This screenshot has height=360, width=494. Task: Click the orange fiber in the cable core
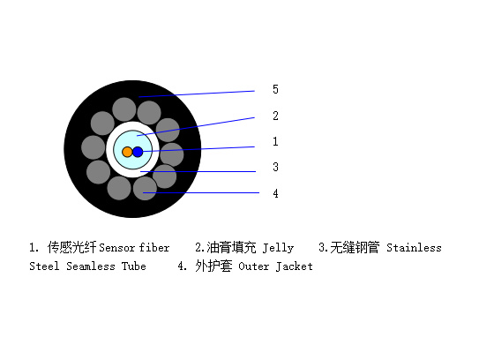(127, 152)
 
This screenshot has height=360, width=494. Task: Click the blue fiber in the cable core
(138, 152)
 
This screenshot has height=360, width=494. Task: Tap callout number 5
(275, 89)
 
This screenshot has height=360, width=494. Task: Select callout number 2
(275, 116)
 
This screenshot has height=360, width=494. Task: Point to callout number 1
(275, 141)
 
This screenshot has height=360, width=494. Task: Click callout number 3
(275, 167)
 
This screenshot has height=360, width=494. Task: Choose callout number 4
(275, 193)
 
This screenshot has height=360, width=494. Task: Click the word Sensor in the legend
(116, 248)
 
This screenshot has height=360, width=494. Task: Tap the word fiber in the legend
(154, 247)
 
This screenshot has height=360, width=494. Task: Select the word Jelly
(278, 248)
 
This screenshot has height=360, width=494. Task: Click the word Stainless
(414, 248)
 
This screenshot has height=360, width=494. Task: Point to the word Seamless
(91, 266)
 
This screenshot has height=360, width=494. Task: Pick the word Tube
(134, 266)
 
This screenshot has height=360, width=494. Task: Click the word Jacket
(295, 266)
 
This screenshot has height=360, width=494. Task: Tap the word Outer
(254, 266)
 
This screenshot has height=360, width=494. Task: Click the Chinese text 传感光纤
(71, 247)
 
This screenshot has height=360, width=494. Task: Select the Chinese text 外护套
(213, 266)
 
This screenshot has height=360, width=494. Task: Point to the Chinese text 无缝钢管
(355, 247)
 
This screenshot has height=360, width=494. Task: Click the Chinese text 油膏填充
(231, 247)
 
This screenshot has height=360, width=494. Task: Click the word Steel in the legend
(44, 266)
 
